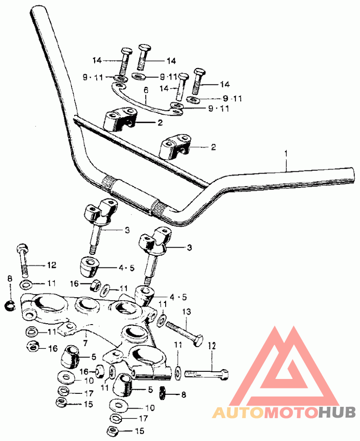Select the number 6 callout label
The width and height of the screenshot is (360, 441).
[x=145, y=91]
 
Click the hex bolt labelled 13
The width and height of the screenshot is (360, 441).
[x=184, y=331]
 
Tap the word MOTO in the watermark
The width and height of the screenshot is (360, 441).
[x=290, y=412]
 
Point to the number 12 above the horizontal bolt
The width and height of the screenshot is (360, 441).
[x=212, y=346]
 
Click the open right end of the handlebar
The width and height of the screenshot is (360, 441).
[x=351, y=174]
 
